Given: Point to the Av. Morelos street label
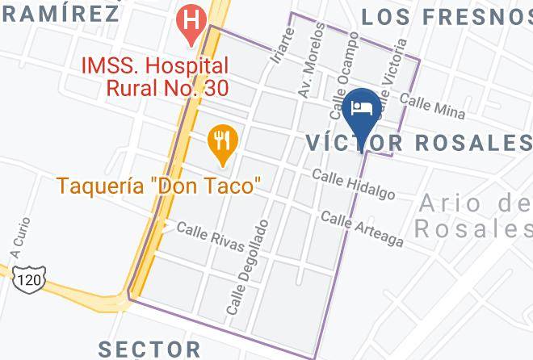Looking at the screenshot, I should [311, 61].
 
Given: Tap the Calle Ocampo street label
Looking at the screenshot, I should [343, 69].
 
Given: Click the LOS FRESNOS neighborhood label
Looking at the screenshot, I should [446, 16].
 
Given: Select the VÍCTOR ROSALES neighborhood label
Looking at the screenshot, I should [418, 143].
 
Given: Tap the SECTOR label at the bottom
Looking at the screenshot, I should [149, 349].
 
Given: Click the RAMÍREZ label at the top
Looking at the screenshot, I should [61, 13].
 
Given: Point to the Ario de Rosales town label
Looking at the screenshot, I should [472, 216].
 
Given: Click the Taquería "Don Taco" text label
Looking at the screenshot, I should [158, 186].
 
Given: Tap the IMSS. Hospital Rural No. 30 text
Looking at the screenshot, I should [153, 77].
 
